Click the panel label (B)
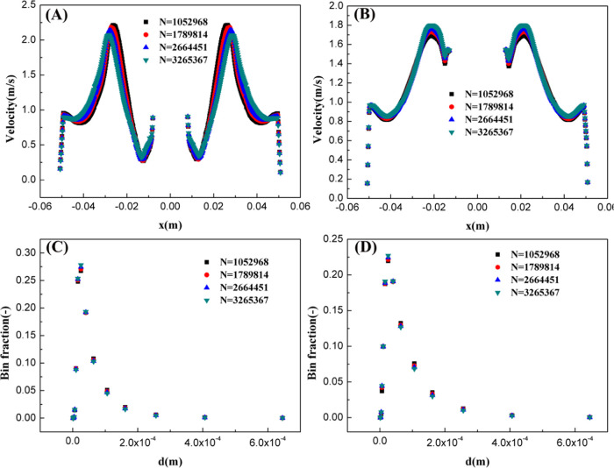coord(370,17)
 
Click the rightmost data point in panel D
coord(589,417)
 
